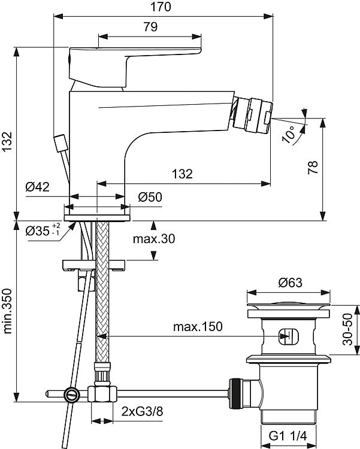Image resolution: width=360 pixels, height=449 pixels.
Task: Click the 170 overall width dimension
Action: point(161,7)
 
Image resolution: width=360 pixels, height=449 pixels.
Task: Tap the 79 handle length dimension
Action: point(150,27)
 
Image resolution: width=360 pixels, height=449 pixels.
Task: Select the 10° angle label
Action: point(289,134)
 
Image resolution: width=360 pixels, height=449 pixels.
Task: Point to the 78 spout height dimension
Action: point(313,168)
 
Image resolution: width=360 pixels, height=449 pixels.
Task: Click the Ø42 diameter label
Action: point(38,187)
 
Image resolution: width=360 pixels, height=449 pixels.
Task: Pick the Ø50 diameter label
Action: point(150,197)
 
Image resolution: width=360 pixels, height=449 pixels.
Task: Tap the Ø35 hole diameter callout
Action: point(43,230)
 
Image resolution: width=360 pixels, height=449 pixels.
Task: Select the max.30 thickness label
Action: point(154,238)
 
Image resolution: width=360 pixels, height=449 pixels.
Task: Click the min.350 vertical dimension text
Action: point(8,311)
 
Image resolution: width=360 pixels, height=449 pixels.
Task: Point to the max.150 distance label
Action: point(198,326)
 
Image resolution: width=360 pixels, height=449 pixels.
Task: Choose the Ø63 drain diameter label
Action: point(290,283)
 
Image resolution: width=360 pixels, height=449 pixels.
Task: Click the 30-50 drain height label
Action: point(347,329)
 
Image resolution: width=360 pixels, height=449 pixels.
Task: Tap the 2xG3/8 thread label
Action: point(142,412)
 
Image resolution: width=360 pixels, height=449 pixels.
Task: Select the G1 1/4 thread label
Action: point(288,436)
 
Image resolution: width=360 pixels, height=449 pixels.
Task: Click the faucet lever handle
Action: point(135,66)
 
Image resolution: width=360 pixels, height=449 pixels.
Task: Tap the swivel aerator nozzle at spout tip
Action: point(252,115)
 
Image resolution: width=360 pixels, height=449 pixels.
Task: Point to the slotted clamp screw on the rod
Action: point(72,395)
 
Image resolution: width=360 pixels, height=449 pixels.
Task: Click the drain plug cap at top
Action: point(289,306)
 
